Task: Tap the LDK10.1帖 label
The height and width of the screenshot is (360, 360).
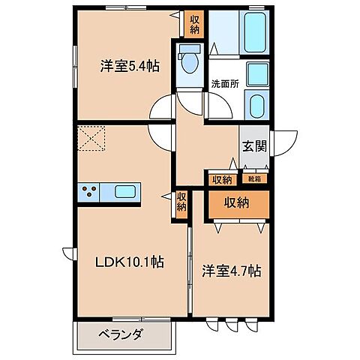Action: point(128,262)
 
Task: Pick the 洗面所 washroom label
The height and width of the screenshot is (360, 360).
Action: point(224,84)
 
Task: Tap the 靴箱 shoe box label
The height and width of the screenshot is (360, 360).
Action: point(250,178)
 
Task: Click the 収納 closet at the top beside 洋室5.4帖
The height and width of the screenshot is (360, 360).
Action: point(194,24)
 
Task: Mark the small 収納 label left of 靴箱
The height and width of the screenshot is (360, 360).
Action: point(221,178)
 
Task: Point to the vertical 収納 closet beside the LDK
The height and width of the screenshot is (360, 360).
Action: point(181,204)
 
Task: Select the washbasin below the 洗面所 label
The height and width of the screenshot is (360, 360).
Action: point(257,105)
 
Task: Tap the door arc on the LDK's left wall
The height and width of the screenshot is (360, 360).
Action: point(68,256)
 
